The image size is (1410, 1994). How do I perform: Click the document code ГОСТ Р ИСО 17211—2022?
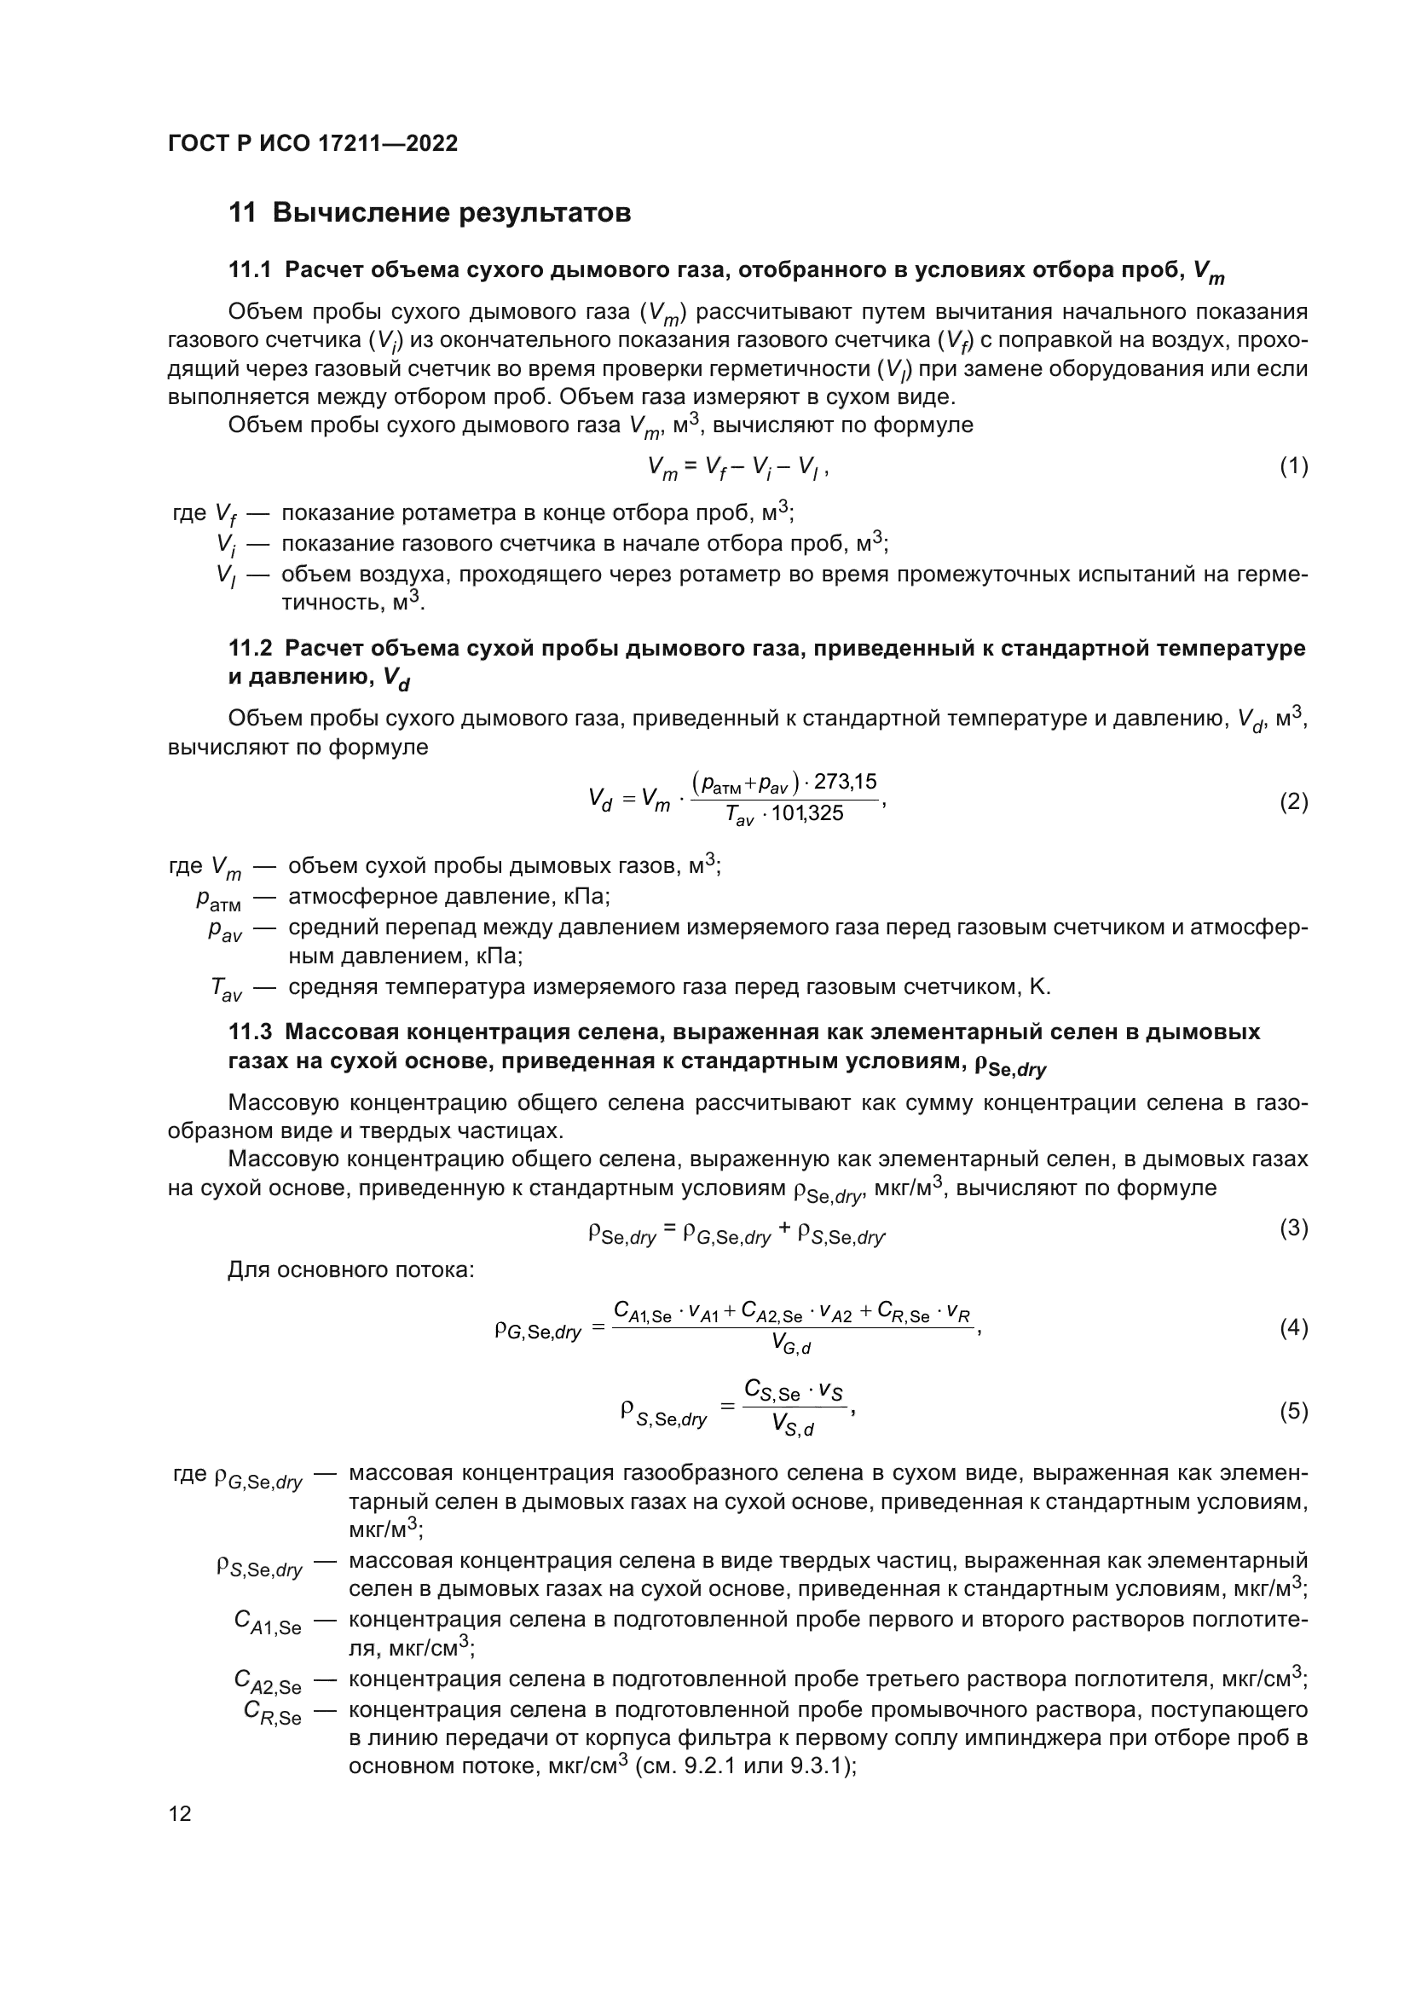pos(313,143)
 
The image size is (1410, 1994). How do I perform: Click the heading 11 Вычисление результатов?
pos(429,213)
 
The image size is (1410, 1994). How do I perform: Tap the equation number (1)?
pos(1293,467)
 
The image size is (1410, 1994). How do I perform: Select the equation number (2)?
pos(1293,801)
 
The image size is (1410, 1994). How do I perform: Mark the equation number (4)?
pos(1293,1328)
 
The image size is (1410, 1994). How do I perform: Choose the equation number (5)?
pos(1293,1411)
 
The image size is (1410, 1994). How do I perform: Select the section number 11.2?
pos(250,648)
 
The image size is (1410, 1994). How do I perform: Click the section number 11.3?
pos(250,1032)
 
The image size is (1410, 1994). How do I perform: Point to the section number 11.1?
pos(250,270)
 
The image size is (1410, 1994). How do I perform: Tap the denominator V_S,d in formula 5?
pos(792,1425)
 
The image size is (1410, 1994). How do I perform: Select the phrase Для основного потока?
pos(350,1270)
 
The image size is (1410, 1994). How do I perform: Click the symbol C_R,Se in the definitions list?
pos(272,1712)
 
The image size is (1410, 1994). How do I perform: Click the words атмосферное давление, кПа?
pos(449,896)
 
